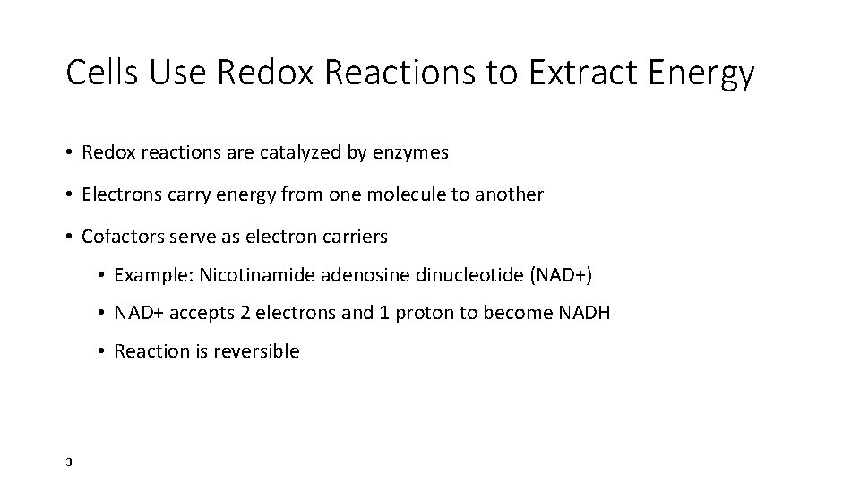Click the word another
(x=510, y=194)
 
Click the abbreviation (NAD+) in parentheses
(x=560, y=274)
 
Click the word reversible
(x=257, y=351)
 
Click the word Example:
(x=154, y=274)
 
